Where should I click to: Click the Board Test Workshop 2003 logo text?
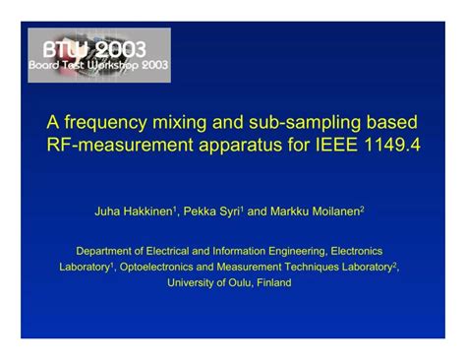pos(98,66)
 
